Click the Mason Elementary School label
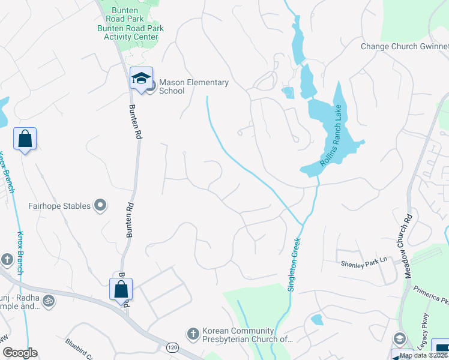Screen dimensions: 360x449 (x=194, y=86)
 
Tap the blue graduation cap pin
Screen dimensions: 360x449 (x=142, y=79)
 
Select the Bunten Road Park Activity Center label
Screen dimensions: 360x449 (x=130, y=32)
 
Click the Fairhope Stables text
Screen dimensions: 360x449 (x=59, y=206)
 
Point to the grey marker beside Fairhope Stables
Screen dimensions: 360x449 (x=101, y=206)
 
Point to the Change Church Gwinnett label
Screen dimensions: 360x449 (x=404, y=47)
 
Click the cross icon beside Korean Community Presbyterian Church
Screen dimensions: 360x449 (x=193, y=333)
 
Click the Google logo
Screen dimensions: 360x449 (x=20, y=353)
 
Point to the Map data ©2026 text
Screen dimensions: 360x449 (x=422, y=355)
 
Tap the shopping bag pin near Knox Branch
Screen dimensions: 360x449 (x=25, y=139)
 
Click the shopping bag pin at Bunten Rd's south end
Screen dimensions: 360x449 (x=121, y=289)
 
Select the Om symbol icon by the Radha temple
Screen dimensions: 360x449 (x=49, y=301)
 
